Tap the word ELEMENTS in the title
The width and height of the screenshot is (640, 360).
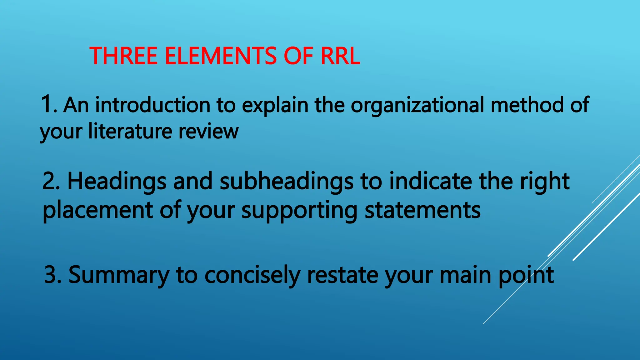point(221,56)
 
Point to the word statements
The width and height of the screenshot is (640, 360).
point(422,210)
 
